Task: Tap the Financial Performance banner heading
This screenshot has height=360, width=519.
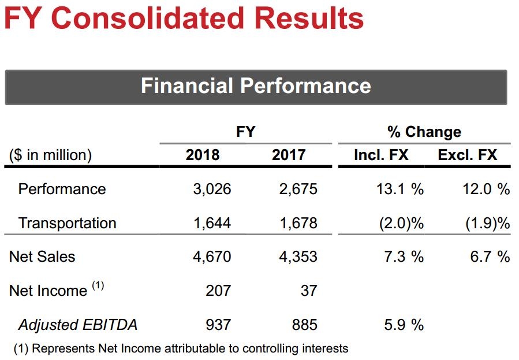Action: point(256,86)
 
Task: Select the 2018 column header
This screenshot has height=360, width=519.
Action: point(203,155)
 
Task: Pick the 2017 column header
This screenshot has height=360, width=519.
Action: point(289,155)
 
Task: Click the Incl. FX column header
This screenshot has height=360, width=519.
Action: point(381,155)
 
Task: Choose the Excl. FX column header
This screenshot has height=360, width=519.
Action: point(468,155)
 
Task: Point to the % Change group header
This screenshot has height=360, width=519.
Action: point(424,132)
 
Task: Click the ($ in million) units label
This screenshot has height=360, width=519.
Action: point(50,155)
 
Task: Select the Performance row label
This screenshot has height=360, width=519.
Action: point(62,189)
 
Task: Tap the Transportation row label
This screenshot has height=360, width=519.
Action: point(67,223)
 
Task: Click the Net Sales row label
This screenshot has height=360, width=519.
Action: point(42,257)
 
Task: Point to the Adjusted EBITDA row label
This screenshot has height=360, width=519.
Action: point(78,325)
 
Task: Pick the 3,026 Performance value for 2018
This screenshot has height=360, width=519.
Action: point(212,189)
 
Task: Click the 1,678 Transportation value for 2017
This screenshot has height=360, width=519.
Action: point(298,223)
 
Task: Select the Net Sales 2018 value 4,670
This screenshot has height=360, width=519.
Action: point(212,257)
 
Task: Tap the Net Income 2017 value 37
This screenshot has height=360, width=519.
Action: point(309,291)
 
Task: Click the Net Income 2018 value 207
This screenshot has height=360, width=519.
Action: point(218,291)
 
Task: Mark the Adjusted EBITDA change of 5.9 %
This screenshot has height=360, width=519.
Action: point(404,325)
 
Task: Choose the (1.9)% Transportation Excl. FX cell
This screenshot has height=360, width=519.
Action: point(488,223)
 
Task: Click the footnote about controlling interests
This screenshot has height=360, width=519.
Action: point(181,348)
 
